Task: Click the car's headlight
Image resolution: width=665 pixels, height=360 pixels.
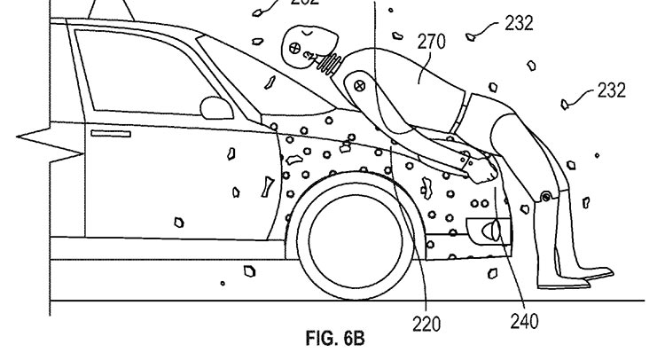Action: (488, 232)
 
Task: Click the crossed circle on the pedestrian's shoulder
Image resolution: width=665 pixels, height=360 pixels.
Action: (361, 86)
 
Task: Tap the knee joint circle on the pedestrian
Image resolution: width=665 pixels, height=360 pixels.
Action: (547, 195)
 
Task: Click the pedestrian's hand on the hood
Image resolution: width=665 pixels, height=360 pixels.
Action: (484, 170)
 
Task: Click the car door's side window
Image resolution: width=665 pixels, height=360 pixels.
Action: (133, 71)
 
